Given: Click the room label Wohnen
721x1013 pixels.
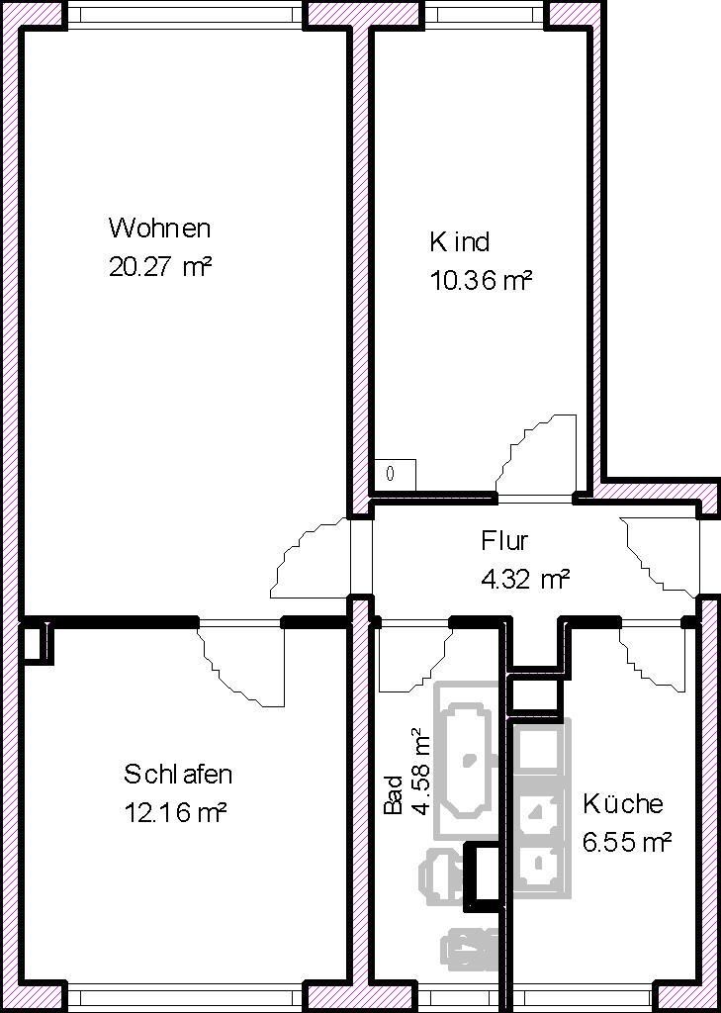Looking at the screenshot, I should point(159,229).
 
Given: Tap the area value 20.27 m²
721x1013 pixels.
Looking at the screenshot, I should point(161,267).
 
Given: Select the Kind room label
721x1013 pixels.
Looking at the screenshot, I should point(459,242).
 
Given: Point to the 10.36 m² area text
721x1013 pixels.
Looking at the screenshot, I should point(481,281).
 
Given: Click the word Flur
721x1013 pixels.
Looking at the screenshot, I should point(504,541).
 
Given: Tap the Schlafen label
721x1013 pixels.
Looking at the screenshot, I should point(178,774).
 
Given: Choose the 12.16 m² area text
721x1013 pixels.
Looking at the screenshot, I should point(176,813).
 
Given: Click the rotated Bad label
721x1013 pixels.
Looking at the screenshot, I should point(394,794).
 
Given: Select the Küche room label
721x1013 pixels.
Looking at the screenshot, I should point(622,803).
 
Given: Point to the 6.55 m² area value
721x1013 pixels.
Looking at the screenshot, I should point(627,842).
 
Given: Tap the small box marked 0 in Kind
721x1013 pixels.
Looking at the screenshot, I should point(395,474).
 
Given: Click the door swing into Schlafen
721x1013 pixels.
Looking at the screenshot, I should point(242,663).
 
